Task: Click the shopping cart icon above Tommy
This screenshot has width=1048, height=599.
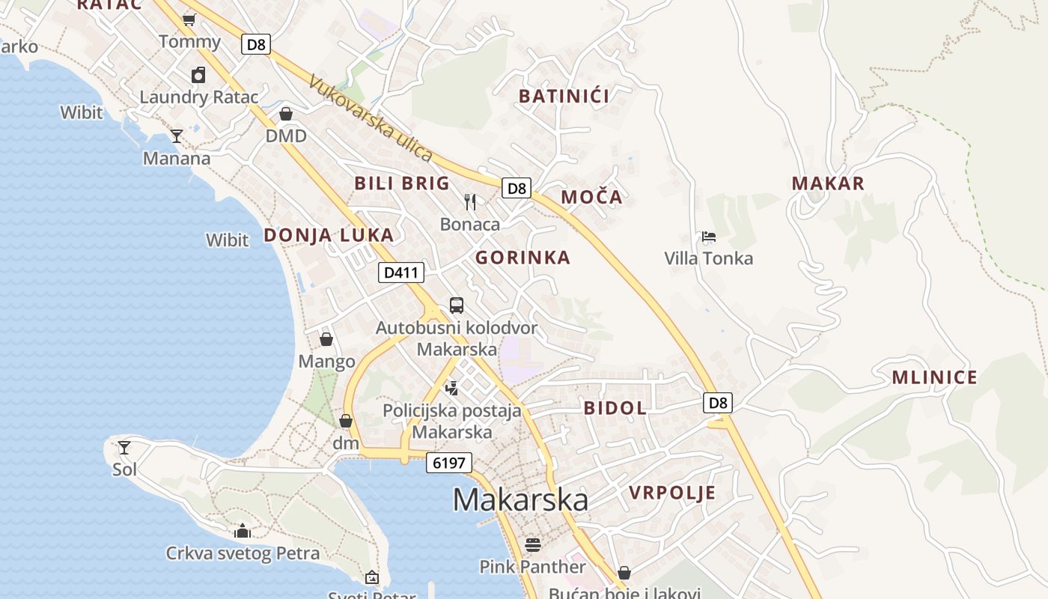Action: [189, 19]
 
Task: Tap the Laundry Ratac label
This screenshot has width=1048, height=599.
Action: [199, 97]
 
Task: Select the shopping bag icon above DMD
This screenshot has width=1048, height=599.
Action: [285, 114]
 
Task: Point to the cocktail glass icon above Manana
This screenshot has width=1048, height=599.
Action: [177, 136]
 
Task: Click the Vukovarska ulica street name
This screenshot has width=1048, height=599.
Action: [370, 119]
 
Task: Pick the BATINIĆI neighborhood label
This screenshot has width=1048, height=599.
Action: [564, 96]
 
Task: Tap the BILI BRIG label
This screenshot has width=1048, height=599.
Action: [402, 183]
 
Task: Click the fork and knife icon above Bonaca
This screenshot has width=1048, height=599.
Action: [470, 201]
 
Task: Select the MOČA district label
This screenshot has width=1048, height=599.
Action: [591, 198]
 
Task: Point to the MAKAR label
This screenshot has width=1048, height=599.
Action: [828, 183]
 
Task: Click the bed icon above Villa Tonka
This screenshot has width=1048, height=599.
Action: [709, 237]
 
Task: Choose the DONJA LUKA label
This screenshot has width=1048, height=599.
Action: [329, 235]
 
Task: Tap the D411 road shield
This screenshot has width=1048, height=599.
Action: [400, 273]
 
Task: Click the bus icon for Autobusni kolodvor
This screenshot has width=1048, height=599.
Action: [457, 305]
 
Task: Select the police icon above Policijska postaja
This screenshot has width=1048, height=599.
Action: [451, 388]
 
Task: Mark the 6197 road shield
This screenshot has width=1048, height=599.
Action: [449, 463]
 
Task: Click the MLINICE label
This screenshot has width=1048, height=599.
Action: [934, 377]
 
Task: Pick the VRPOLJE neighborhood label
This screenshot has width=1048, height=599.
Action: [672, 493]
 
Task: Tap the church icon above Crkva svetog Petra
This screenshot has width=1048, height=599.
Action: [242, 532]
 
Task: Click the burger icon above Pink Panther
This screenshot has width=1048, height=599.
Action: [532, 544]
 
